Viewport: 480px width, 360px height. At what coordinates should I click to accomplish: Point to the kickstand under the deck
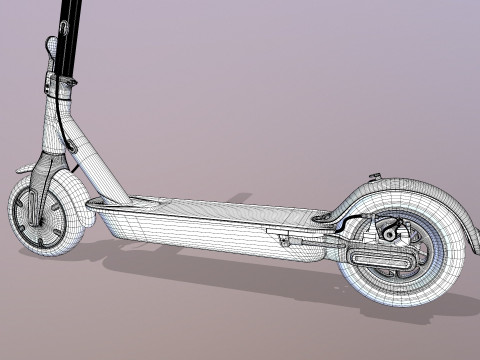[290, 241]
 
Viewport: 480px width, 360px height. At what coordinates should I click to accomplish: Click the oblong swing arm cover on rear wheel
[385, 263]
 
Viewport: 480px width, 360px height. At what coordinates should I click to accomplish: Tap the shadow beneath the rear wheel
[420, 310]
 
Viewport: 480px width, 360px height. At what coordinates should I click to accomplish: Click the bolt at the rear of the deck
[322, 216]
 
